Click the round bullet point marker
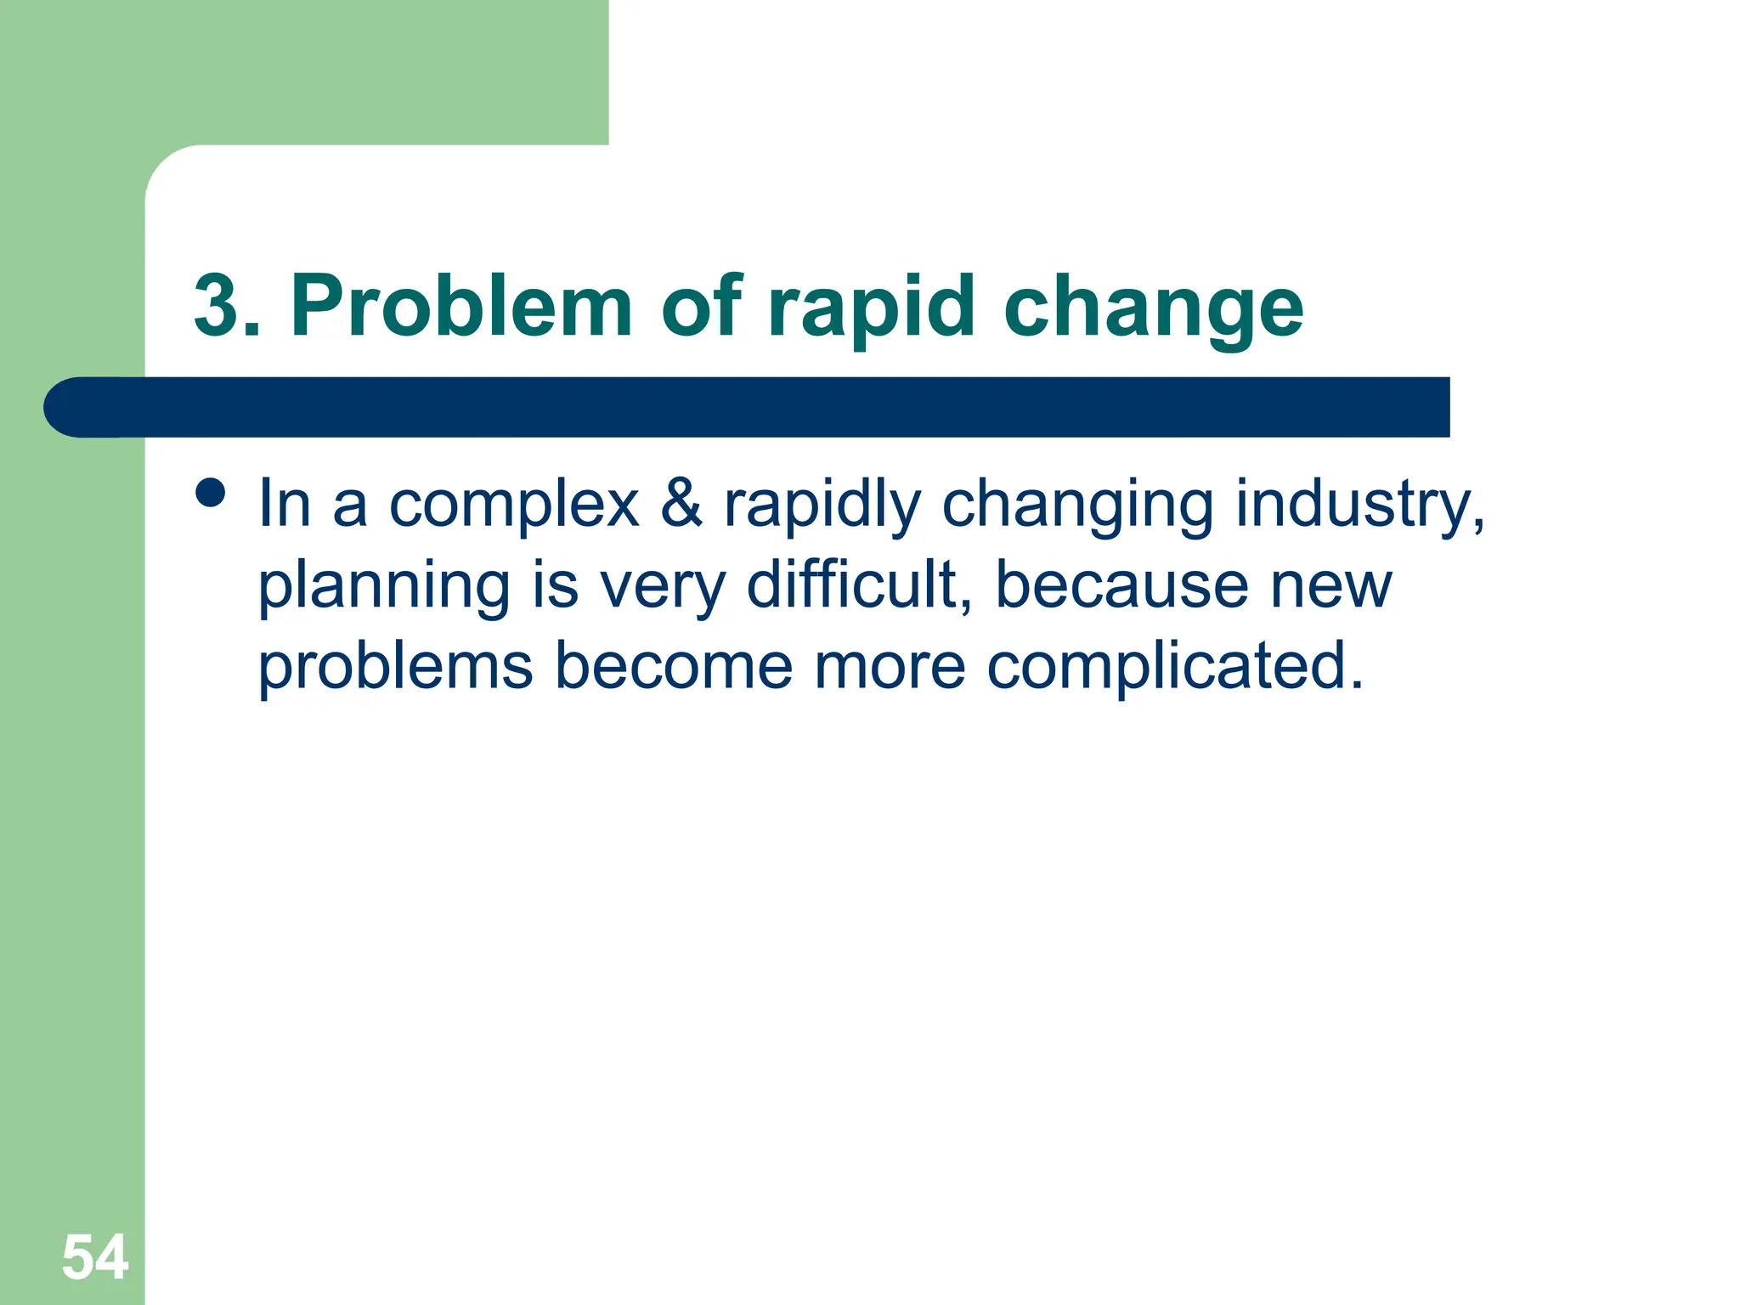[210, 492]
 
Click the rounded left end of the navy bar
[72, 407]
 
